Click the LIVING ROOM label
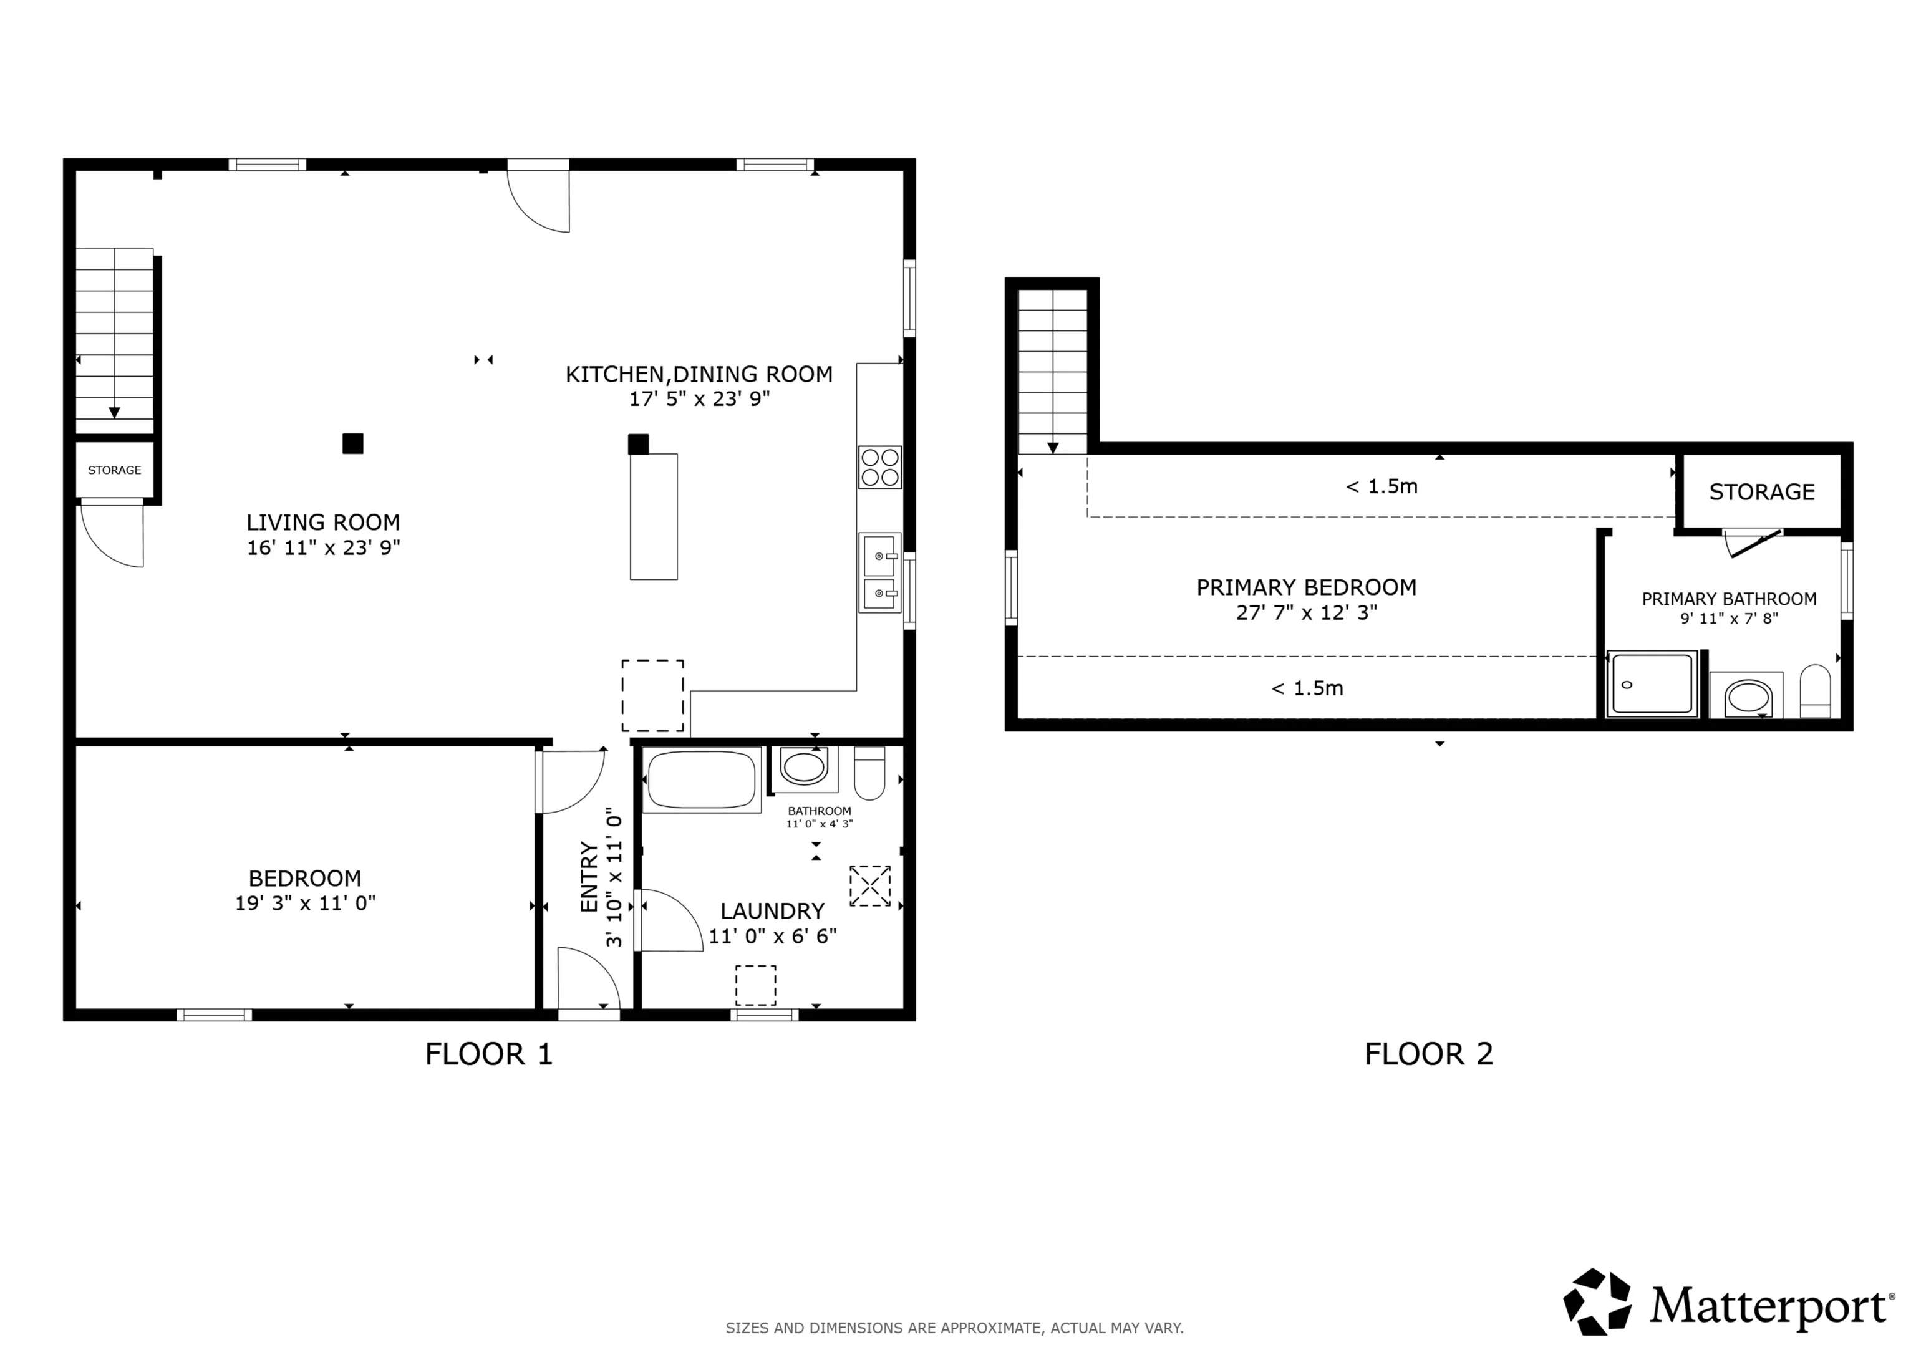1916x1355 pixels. tap(323, 523)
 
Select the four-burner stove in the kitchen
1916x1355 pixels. tap(879, 467)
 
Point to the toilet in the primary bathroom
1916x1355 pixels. tap(1815, 691)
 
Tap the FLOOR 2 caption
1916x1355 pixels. tap(1429, 1054)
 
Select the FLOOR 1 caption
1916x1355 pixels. tap(489, 1054)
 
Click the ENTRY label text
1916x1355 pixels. tap(589, 877)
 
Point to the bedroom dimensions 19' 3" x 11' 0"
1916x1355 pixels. tap(306, 903)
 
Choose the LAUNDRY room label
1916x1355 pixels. tap(773, 911)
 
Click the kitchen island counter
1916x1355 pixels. tap(654, 516)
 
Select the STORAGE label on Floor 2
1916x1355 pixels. tap(1761, 492)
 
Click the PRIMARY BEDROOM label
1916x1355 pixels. tap(1307, 587)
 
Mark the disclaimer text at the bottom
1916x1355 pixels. tap(955, 1328)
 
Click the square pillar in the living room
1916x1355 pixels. tap(353, 443)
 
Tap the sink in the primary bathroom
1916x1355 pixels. tap(1748, 697)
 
